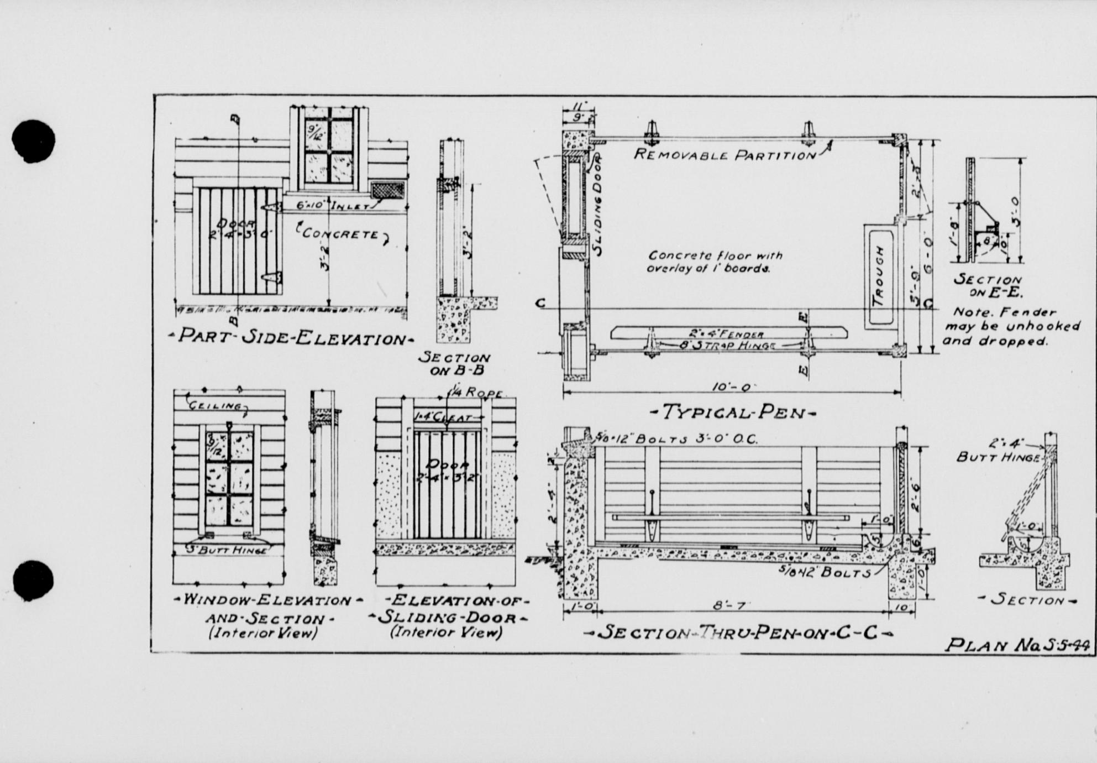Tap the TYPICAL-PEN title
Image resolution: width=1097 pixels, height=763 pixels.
tap(732, 412)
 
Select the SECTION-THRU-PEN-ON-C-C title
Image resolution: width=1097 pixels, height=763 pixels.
tap(738, 632)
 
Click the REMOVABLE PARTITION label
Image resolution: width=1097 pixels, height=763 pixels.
tap(725, 154)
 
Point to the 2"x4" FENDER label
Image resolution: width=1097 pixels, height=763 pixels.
tap(726, 334)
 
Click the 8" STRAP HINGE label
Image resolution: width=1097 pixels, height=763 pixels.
tap(726, 346)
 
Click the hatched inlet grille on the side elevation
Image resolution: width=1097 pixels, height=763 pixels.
tap(386, 191)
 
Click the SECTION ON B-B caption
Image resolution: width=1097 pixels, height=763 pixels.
tap(454, 363)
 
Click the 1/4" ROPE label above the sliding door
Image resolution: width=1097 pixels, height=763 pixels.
tap(476, 393)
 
